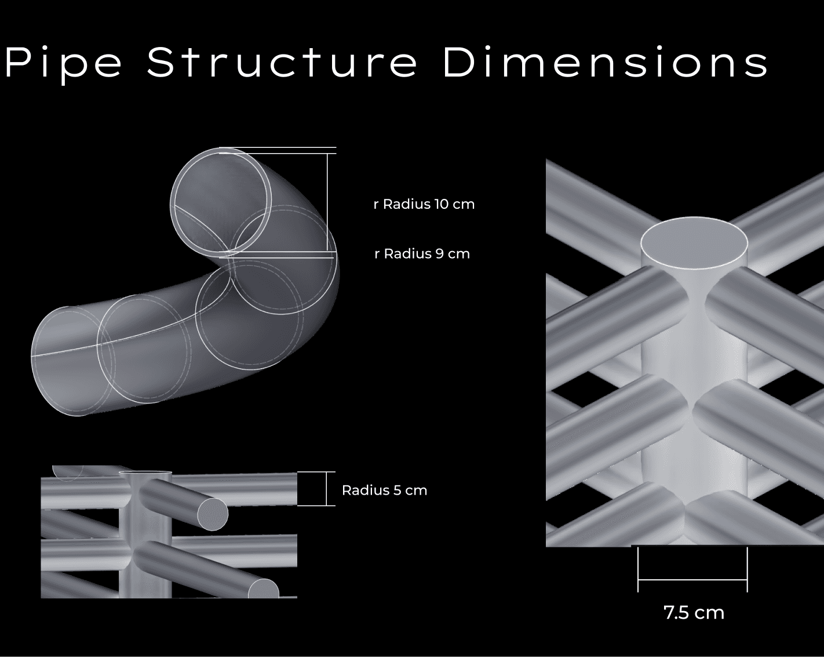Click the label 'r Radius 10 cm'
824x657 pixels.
coord(424,204)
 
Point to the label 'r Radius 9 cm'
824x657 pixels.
coord(422,254)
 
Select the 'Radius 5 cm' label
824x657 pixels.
coord(384,490)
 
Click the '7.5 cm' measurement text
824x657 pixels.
coord(694,613)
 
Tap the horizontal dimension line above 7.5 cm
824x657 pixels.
coord(692,579)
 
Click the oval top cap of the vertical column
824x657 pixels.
coord(694,243)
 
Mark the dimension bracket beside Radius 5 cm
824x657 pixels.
coord(326,489)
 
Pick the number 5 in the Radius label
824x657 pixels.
coord(397,490)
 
